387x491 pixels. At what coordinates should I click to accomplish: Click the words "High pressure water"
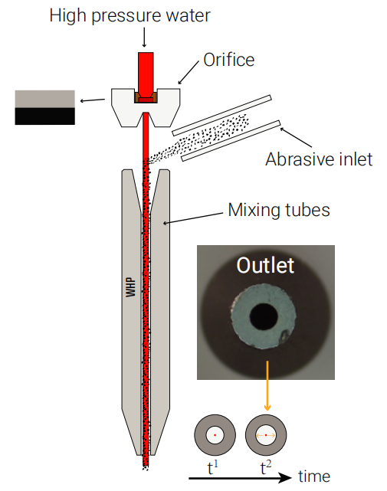(x=130, y=15)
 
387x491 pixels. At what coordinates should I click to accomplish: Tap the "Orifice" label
(x=229, y=60)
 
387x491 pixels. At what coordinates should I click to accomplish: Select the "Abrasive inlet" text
(x=319, y=159)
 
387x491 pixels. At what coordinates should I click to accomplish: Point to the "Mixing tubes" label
(x=279, y=210)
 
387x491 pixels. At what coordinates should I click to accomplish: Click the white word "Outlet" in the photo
(x=265, y=266)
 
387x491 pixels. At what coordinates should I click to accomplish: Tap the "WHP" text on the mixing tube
(x=131, y=287)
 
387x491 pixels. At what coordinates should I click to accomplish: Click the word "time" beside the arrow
(x=314, y=476)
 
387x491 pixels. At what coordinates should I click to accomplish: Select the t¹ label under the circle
(x=213, y=468)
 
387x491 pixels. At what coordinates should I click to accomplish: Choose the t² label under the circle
(x=266, y=468)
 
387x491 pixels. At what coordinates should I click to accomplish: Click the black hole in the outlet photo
(x=264, y=318)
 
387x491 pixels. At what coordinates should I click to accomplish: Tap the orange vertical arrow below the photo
(x=267, y=385)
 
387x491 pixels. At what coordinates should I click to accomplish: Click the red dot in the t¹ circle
(x=215, y=435)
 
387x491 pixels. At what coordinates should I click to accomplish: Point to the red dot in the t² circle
(x=266, y=435)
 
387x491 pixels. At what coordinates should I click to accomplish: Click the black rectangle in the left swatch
(x=44, y=116)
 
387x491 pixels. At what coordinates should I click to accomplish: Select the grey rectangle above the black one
(x=44, y=99)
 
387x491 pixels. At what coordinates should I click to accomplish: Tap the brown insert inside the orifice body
(x=146, y=97)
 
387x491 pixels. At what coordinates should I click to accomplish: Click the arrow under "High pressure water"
(x=144, y=38)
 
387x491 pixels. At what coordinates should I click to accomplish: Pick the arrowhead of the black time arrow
(x=285, y=478)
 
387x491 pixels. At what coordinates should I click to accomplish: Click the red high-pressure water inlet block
(x=146, y=74)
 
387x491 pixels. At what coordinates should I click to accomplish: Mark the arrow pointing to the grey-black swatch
(x=93, y=100)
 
